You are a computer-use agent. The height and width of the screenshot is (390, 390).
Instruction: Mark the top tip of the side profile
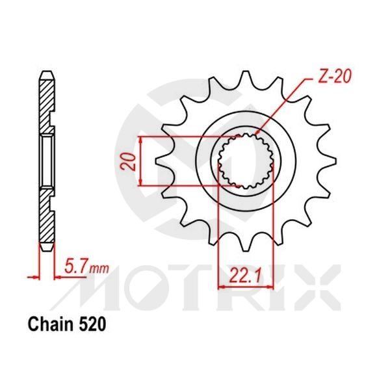pos(46,70)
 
